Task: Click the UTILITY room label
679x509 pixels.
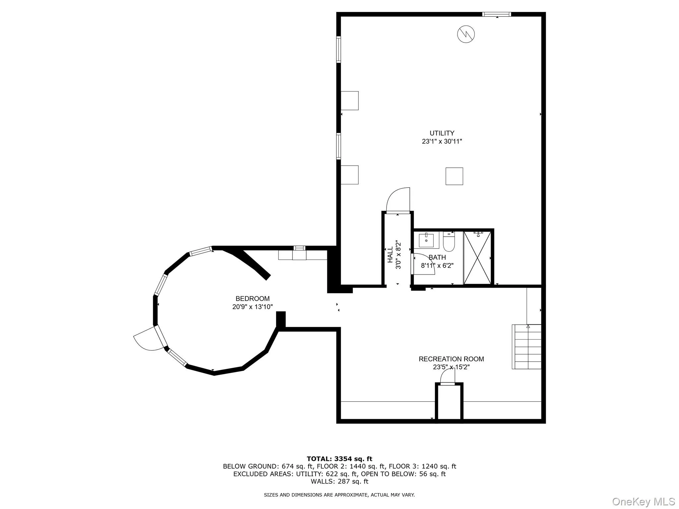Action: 442,133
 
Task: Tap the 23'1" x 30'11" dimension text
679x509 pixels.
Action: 442,141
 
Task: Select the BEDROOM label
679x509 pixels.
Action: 252,299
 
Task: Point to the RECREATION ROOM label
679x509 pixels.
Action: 451,359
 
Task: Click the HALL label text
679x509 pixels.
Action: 391,254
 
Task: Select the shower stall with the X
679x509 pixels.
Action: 477,258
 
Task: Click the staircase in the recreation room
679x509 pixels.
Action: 526,347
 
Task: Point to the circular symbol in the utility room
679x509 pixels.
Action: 466,34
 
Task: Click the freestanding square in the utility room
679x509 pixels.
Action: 454,176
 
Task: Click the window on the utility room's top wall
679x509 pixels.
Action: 496,14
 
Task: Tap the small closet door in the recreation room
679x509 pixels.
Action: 448,377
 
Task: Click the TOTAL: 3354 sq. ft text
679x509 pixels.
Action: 339,459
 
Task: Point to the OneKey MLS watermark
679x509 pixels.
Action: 643,501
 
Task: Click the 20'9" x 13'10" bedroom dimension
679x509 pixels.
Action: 252,307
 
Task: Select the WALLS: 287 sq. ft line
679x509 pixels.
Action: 339,481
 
